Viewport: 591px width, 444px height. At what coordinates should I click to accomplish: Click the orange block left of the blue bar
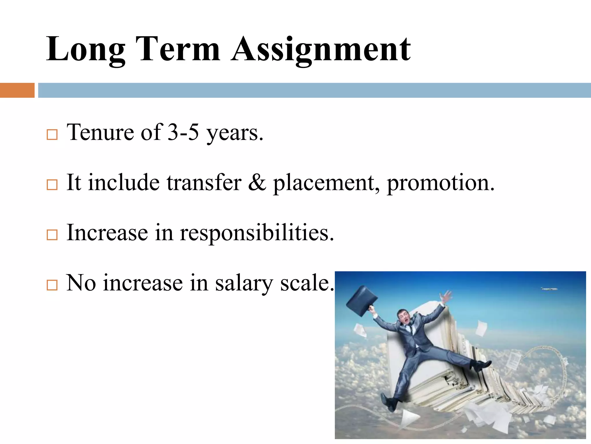[x=17, y=90]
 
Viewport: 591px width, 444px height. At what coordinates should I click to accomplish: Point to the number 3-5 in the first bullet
[x=183, y=132]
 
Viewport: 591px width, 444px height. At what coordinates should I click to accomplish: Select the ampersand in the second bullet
[x=257, y=183]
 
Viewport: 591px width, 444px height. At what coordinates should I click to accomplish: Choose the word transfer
[x=204, y=183]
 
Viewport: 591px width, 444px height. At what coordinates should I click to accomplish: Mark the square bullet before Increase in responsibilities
[x=52, y=235]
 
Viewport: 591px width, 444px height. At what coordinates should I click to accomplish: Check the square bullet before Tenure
[x=52, y=135]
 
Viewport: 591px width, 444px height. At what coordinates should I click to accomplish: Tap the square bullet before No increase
[x=52, y=285]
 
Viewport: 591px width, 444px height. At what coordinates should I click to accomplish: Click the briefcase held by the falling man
[x=362, y=301]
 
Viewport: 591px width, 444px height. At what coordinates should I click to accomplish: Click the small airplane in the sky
[x=549, y=289]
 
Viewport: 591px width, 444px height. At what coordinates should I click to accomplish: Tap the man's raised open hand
[x=446, y=297]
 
